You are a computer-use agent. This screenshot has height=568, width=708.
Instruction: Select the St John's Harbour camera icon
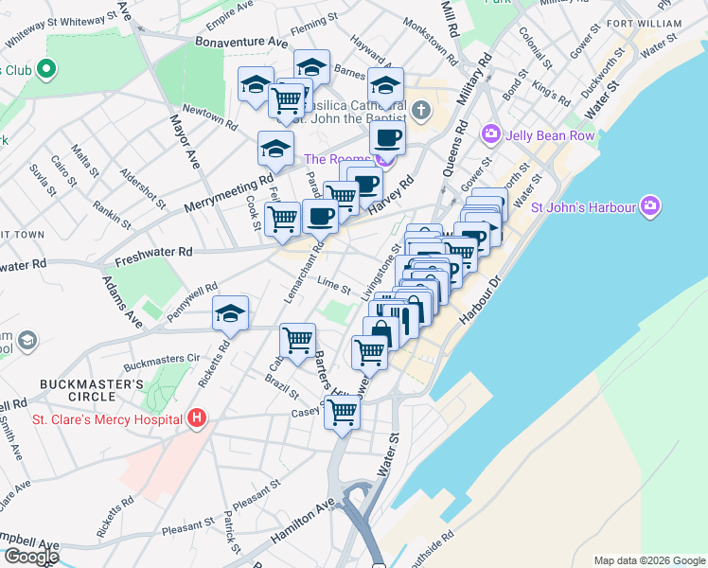[649, 205]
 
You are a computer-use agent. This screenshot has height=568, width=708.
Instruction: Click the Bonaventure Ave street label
[241, 43]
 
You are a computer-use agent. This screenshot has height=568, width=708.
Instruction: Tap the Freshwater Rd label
[153, 253]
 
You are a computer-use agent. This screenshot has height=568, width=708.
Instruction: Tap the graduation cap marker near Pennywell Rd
[230, 314]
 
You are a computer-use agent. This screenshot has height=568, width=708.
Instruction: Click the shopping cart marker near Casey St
[342, 413]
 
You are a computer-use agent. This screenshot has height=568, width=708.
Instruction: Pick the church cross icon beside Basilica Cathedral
[421, 111]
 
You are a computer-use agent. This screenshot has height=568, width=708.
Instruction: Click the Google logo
[30, 557]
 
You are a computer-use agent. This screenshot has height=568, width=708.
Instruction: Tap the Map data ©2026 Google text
[648, 560]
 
